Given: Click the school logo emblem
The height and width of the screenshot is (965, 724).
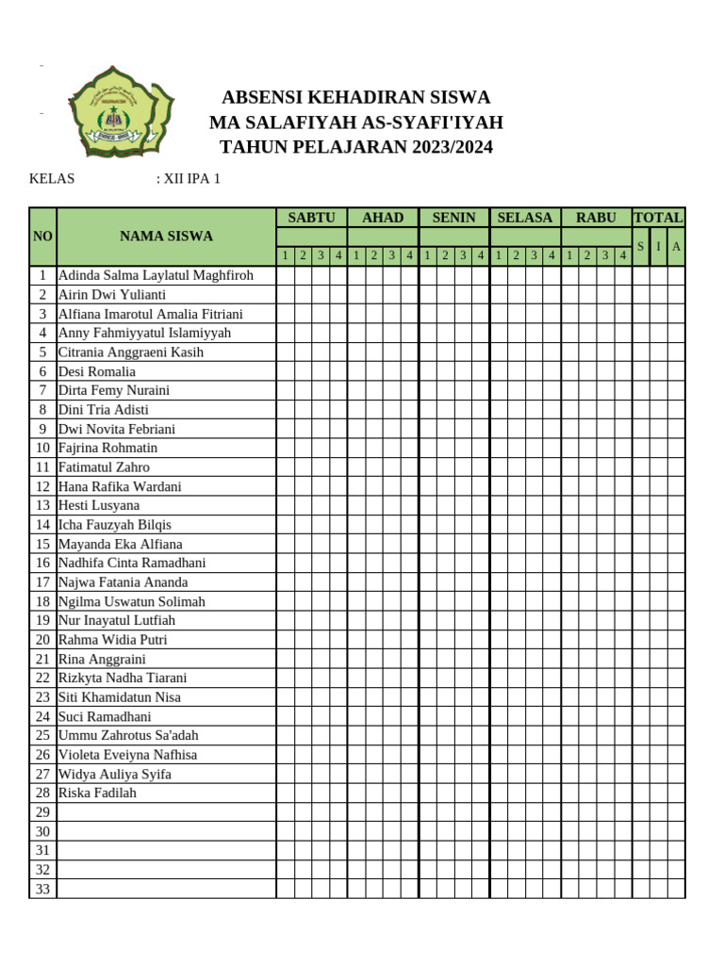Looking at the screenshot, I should point(121,111).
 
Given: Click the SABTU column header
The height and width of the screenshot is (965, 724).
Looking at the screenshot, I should point(311,218).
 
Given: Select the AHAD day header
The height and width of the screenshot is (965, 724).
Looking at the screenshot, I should point(383,218).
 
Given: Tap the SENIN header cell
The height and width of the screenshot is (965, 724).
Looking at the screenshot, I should point(454,218).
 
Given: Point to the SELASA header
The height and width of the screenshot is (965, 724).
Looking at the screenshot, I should point(525,218).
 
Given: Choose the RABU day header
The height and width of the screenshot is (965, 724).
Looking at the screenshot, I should point(596,218).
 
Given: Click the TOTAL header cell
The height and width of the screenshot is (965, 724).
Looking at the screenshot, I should point(659,218).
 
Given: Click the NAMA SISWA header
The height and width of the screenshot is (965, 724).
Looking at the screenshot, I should point(166,237).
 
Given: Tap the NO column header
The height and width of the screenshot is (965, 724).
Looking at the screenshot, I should point(42,237).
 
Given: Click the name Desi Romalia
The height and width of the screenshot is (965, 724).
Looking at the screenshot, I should point(97,371).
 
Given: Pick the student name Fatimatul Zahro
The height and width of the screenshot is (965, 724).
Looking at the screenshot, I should point(104,467).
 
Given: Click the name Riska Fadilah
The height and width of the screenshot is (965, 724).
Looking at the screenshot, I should point(97,793).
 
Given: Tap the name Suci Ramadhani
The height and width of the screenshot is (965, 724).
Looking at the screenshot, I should point(105,716).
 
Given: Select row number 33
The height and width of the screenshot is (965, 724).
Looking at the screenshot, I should point(42,890).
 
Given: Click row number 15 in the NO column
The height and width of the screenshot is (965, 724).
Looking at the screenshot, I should point(42,544).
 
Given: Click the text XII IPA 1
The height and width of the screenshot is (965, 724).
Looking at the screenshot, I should point(192,178).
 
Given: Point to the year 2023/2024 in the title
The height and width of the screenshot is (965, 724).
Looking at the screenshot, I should point(449,147).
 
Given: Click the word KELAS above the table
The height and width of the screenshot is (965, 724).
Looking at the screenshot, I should point(52,178).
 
